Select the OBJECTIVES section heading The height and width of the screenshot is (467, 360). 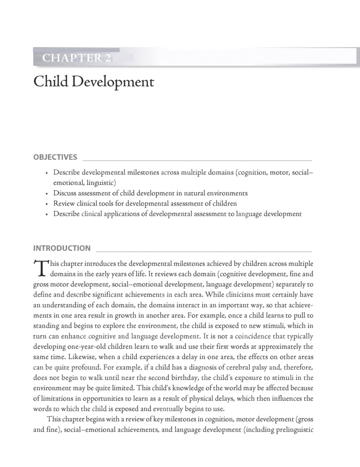coord(55,157)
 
